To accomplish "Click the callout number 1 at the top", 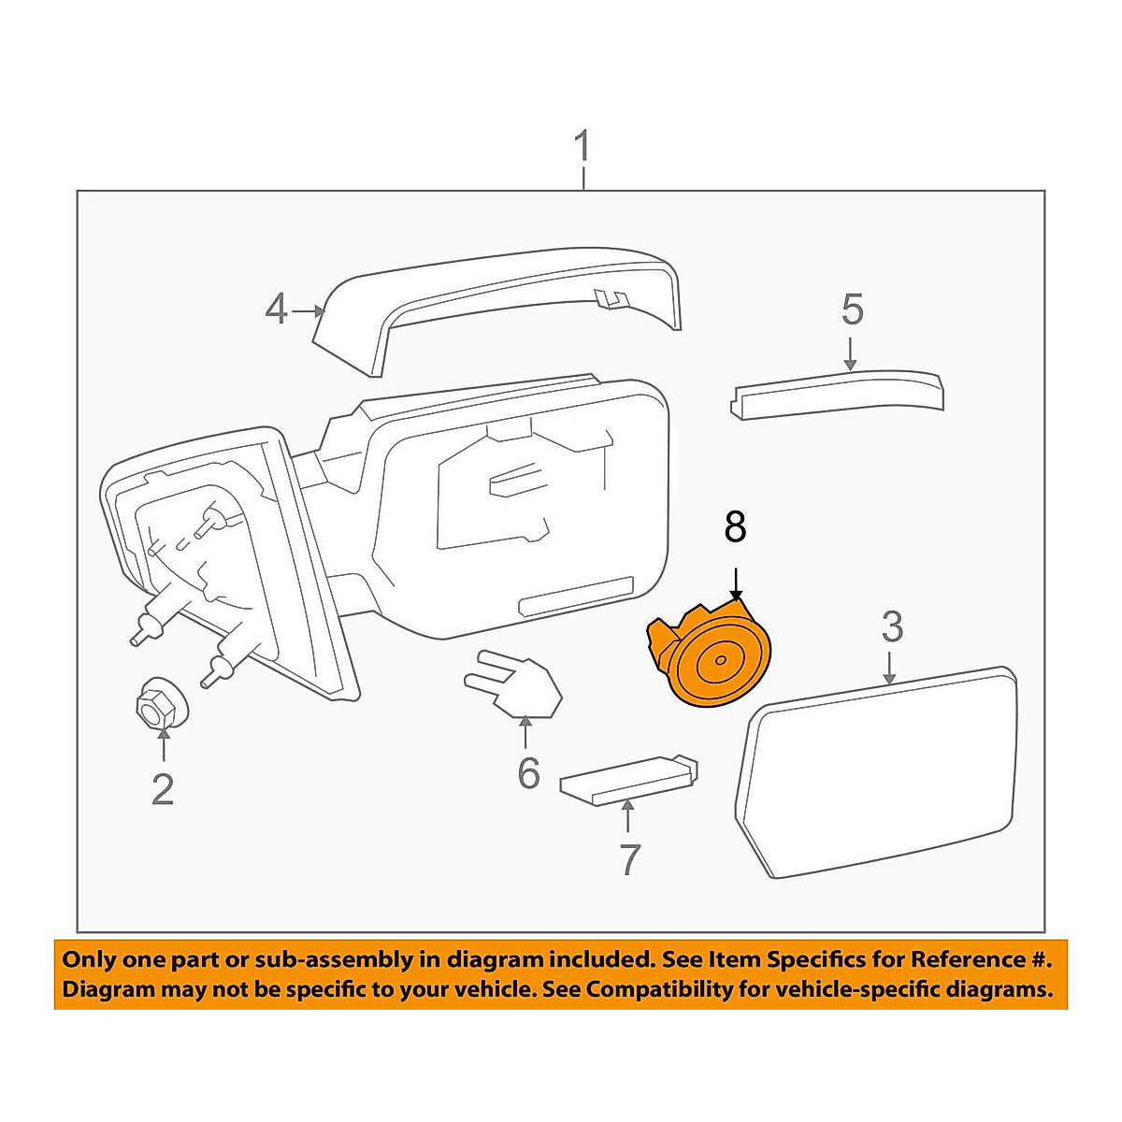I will pos(583,149).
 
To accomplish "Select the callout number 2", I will pos(163,790).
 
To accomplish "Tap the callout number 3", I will pos(892,626).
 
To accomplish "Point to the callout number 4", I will pos(276,309).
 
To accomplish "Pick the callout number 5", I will pos(852,309).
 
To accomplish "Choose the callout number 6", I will pos(529,772).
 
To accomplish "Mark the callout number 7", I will pos(629,858).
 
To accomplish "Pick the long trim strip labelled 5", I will pos(837,393).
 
